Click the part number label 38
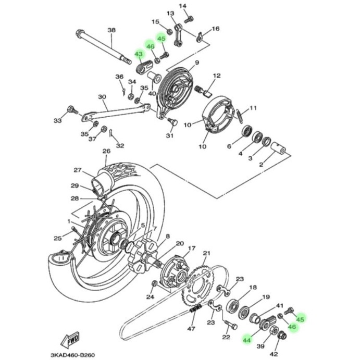click(111, 30)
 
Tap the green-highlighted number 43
click(139, 54)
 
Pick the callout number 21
click(206, 254)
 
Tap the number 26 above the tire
click(106, 152)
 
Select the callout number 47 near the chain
click(191, 328)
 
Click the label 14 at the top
click(182, 6)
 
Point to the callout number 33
click(57, 121)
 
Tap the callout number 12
click(217, 76)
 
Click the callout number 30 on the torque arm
click(102, 97)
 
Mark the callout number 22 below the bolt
click(226, 338)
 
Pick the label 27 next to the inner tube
click(78, 170)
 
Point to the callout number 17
click(192, 249)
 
